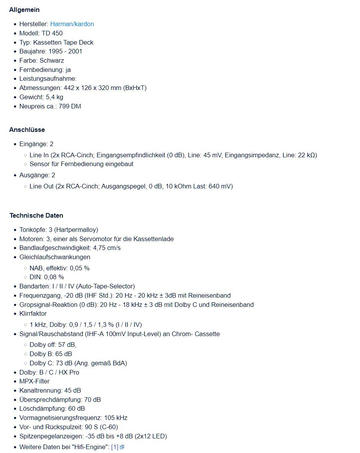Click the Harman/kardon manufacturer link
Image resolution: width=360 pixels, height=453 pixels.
coord(72,24)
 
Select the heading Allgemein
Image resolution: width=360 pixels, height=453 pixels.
coord(24,10)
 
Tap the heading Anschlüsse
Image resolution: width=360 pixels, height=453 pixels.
coord(27,130)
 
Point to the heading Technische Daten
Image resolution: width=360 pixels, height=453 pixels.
coord(36,215)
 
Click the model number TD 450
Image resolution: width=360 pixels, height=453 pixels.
coord(52,33)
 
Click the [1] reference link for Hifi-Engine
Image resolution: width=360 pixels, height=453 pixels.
coord(114,447)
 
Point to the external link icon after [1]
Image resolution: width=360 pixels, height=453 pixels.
coord(122,447)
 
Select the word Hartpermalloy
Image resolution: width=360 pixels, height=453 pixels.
coord(76,230)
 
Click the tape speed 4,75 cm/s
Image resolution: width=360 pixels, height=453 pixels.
coord(107,248)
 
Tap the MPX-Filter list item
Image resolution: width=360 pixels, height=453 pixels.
coord(34,381)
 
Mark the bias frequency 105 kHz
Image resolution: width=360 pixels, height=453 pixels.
coord(116,418)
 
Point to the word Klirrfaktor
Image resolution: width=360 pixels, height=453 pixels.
coord(33,313)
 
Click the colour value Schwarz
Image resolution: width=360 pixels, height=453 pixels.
coord(51,60)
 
